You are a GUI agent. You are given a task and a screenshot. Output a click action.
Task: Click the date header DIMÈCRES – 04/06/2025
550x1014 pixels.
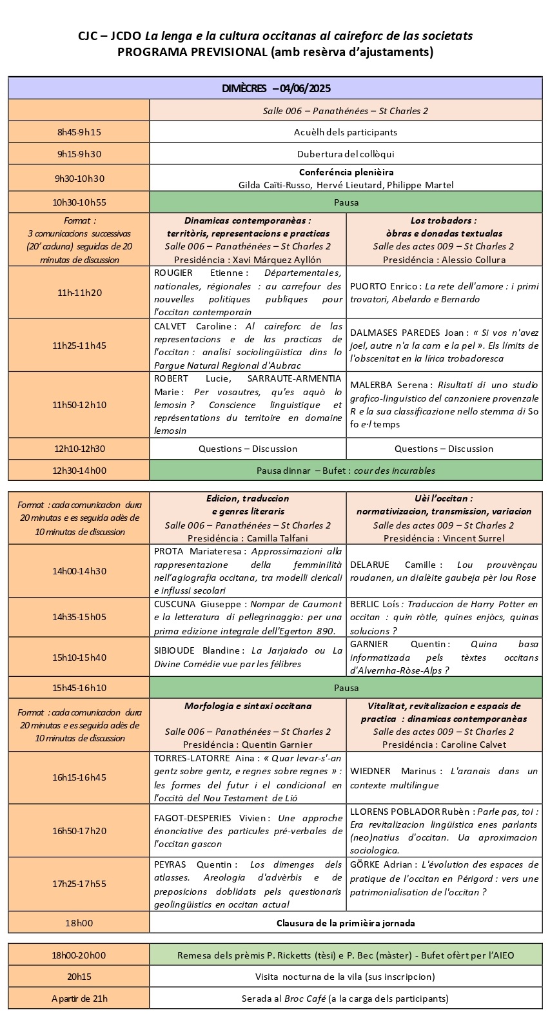[x=275, y=88]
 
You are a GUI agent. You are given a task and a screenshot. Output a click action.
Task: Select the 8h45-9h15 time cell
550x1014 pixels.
[x=79, y=132]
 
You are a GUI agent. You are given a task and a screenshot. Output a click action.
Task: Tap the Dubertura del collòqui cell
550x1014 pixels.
[x=346, y=154]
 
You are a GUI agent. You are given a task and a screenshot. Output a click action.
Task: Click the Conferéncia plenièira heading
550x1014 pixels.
[x=346, y=172]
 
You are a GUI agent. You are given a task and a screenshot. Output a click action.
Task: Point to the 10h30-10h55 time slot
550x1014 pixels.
[x=79, y=202]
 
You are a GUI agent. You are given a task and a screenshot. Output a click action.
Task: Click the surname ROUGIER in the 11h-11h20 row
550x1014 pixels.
[x=173, y=273]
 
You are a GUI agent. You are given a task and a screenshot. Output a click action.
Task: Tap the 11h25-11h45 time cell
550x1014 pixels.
[x=79, y=346]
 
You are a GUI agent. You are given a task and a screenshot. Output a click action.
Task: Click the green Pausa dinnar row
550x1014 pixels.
[x=346, y=471]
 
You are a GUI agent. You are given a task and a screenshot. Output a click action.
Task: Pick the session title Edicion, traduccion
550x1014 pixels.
[x=248, y=498]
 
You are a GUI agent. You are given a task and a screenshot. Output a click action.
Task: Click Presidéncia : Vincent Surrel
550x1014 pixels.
[x=444, y=538]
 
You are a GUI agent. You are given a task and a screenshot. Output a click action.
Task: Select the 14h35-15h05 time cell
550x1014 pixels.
[x=79, y=617]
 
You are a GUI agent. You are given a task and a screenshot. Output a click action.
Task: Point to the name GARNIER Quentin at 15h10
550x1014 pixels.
[x=369, y=644]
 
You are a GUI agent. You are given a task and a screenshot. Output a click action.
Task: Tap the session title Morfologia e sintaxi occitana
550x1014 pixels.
[x=248, y=706]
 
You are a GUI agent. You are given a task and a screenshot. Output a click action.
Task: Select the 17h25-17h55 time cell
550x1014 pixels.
[x=79, y=884]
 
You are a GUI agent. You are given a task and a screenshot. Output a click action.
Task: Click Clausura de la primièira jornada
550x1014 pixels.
[x=346, y=923]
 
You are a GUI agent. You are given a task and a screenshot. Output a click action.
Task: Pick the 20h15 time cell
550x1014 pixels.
[x=79, y=977]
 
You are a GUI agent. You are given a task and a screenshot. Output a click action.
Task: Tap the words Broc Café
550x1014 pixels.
[x=306, y=999]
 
